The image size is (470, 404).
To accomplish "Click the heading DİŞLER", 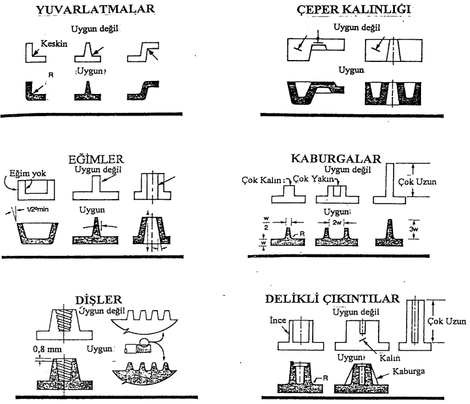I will (95, 300).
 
